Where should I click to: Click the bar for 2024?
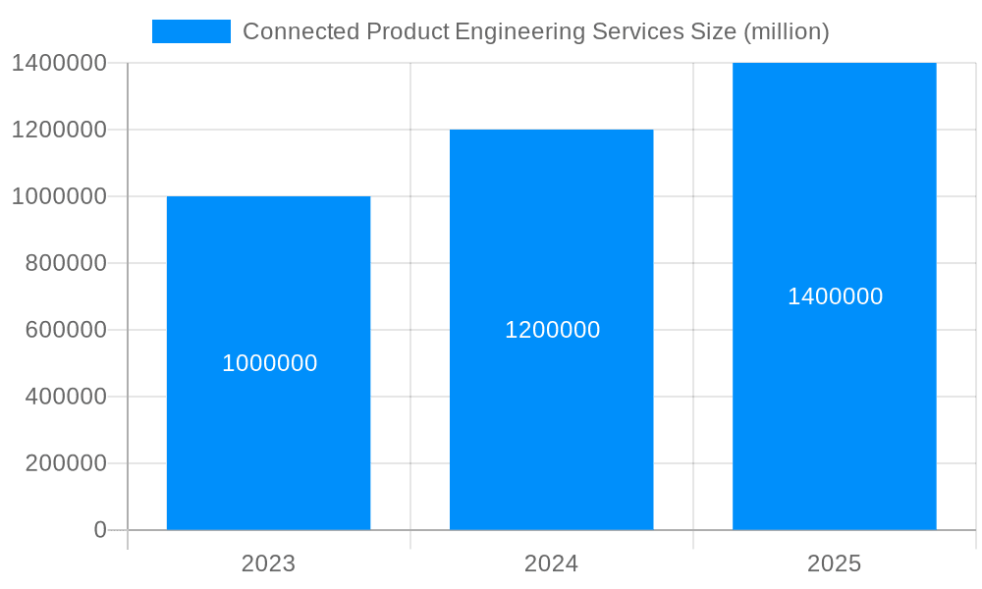pos(551,422)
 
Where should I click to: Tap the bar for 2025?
pos(834,412)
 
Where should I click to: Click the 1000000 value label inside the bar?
pos(269,363)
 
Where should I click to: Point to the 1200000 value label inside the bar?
pos(552,330)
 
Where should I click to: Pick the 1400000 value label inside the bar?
pos(835,296)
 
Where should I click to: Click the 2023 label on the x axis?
pos(268,563)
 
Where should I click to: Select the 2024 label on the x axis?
pos(551,563)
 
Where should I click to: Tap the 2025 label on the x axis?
pos(834,563)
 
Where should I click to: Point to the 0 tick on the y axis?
pos(99,530)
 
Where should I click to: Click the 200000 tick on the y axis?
pos(66,463)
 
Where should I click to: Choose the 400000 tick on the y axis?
pos(66,397)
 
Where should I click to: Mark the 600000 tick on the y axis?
pos(66,330)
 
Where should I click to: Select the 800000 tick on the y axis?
pos(66,263)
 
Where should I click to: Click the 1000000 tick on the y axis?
pos(59,196)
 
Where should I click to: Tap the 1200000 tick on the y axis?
pos(59,130)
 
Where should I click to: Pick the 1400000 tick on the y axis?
pos(59,63)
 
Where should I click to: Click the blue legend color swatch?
pos(191,31)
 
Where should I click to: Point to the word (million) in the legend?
pos(786,31)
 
